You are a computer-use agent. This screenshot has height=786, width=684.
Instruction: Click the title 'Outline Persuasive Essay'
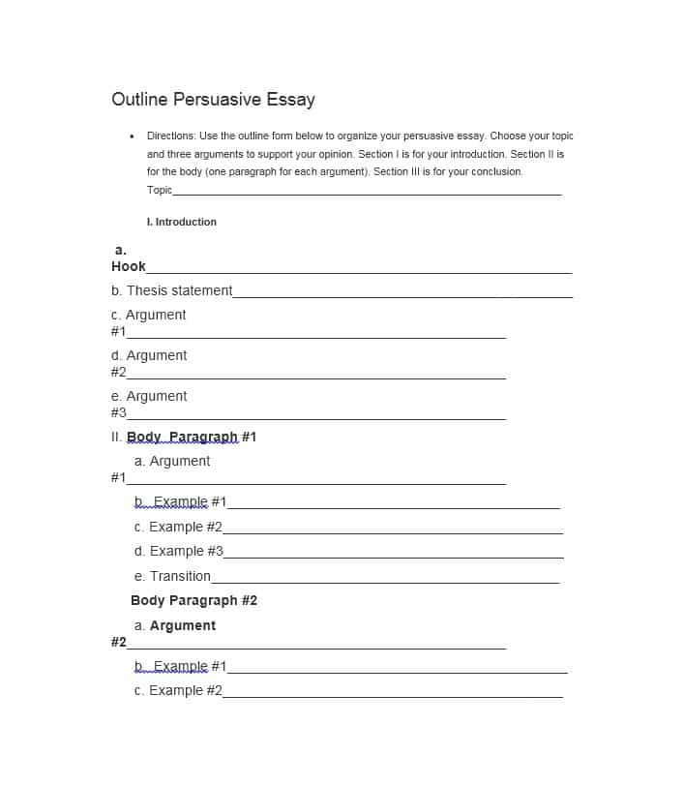tap(213, 100)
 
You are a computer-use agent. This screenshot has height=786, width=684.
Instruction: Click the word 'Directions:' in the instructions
tap(171, 136)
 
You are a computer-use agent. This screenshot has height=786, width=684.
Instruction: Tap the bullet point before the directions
tap(132, 136)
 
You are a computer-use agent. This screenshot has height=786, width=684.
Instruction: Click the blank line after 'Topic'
tap(367, 193)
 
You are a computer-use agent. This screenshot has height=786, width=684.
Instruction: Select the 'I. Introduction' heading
tap(182, 223)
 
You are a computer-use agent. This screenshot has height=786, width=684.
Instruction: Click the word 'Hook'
tap(129, 267)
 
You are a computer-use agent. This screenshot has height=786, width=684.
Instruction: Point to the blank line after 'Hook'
tap(359, 272)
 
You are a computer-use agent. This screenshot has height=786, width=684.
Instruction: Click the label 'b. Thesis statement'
tap(172, 291)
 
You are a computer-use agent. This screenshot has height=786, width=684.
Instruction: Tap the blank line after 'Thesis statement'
tap(402, 296)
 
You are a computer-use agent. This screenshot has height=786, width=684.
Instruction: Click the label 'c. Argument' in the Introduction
tap(149, 316)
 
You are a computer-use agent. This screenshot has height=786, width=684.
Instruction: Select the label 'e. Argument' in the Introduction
tap(149, 397)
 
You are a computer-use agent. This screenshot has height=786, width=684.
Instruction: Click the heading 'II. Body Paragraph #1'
tap(184, 438)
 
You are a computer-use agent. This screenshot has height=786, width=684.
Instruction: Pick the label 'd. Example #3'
tap(179, 552)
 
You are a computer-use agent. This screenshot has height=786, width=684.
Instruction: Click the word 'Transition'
tap(180, 577)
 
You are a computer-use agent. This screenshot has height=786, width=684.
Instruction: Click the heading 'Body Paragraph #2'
tap(194, 601)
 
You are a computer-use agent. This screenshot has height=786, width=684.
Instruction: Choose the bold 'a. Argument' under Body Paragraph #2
tap(175, 626)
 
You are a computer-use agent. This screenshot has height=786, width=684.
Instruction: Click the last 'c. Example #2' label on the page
tap(179, 691)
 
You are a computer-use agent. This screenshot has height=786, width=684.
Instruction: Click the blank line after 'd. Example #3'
tap(393, 557)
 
